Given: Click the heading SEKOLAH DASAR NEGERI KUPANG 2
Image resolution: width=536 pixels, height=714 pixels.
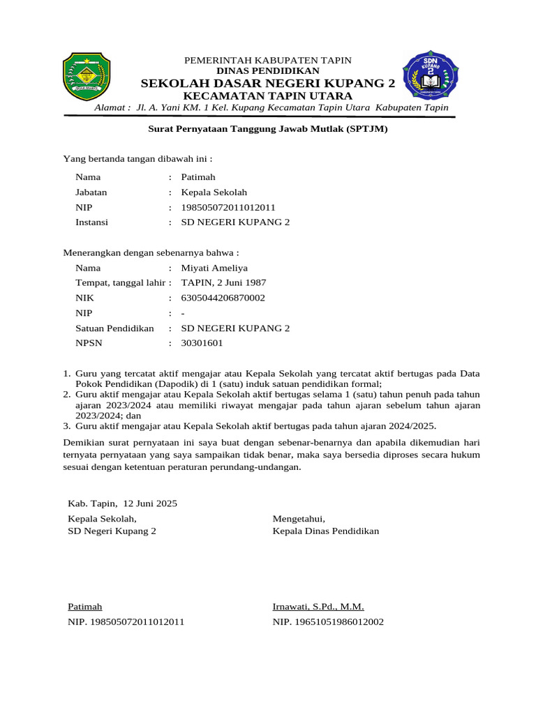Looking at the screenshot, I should (267, 83).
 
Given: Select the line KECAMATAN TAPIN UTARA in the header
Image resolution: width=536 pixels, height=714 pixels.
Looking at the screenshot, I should (267, 96).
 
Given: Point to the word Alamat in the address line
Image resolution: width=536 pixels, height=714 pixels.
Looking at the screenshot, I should (112, 108).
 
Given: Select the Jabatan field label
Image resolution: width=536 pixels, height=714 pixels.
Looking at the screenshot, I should (91, 192).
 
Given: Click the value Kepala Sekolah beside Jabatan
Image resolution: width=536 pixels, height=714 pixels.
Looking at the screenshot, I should (214, 192).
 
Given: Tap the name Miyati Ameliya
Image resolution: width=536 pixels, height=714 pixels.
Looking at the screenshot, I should (214, 268).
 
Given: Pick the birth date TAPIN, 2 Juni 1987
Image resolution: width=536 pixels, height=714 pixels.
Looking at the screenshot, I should (223, 282).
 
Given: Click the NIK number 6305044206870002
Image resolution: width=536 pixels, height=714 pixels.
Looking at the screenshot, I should (223, 298).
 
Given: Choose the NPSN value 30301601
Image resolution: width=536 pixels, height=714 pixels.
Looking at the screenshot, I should (202, 343).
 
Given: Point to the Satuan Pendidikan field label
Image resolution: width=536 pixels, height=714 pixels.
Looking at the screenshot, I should (114, 328).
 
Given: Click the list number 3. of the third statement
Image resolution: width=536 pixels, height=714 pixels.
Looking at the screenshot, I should (67, 425).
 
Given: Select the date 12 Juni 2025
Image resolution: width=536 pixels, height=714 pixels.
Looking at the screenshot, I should (150, 503).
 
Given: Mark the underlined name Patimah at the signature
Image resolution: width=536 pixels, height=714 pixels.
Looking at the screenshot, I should (84, 607).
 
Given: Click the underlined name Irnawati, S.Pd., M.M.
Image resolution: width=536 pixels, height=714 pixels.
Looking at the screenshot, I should (318, 607).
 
